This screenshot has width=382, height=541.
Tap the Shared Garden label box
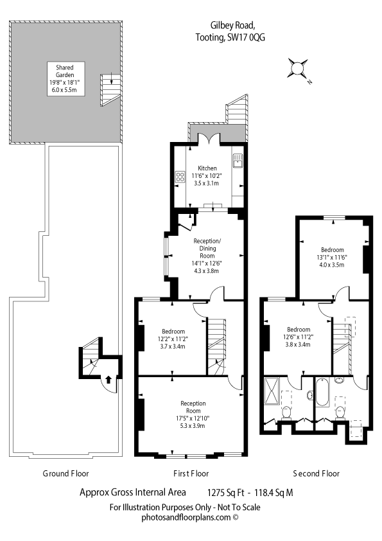[x=65, y=78]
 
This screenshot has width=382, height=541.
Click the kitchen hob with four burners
[x=180, y=177]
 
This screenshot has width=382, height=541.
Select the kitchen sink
[x=238, y=161]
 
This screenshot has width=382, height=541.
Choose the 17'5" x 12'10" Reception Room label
[x=193, y=414]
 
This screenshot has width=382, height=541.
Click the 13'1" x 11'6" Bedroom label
[x=333, y=257]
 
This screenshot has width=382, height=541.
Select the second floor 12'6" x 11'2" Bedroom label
[x=299, y=337]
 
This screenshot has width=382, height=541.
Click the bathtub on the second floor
[x=323, y=393]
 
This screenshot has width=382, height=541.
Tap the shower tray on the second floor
[x=272, y=391]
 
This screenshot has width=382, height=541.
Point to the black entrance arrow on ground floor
[x=109, y=380]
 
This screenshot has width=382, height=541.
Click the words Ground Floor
[x=65, y=474]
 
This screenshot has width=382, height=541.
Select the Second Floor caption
[x=316, y=474]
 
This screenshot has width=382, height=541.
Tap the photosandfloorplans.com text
[x=186, y=517]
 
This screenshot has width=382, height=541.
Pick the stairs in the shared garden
[x=110, y=90]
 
